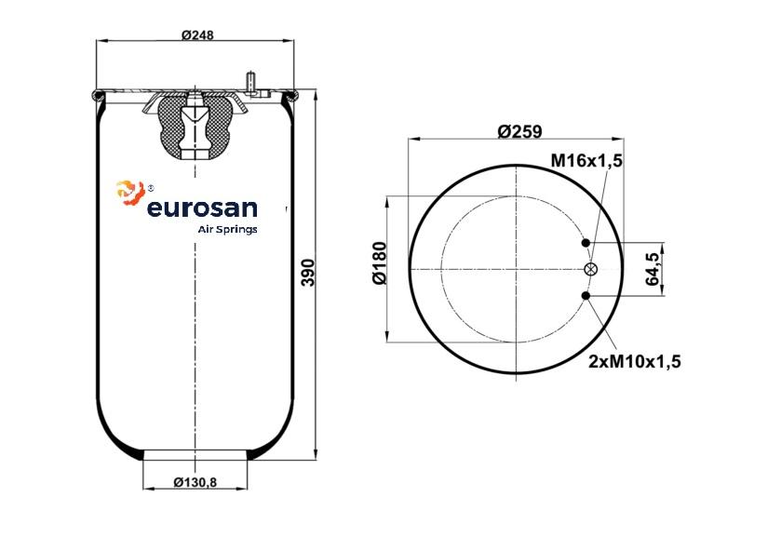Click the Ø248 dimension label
pyautogui.click(x=197, y=34)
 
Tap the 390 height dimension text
pyautogui.click(x=309, y=273)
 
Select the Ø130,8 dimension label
pyautogui.click(x=195, y=482)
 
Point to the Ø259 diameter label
pyautogui.click(x=519, y=131)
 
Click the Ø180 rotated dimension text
pyautogui.click(x=380, y=263)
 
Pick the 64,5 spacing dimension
pyautogui.click(x=653, y=269)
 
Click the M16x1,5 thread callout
pyautogui.click(x=586, y=160)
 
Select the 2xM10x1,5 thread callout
pyautogui.click(x=635, y=361)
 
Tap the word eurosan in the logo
pyautogui.click(x=202, y=208)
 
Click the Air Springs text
pyautogui.click(x=228, y=230)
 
